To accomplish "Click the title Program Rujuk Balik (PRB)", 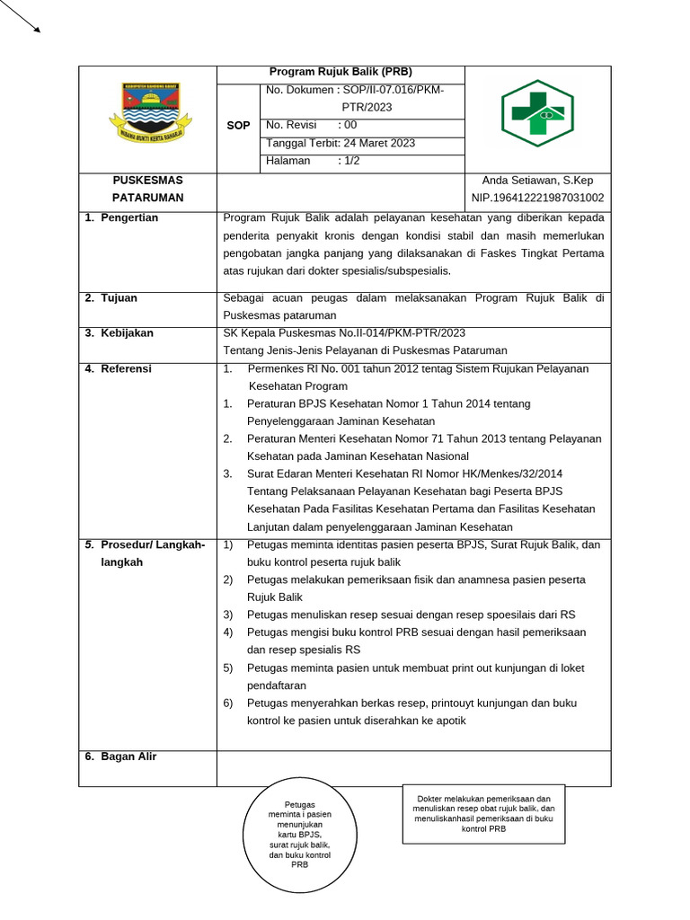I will coord(341,73).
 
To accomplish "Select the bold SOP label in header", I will coord(238,126).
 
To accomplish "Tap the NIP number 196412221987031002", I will coord(537,198).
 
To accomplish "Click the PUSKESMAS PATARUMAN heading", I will coord(147,189).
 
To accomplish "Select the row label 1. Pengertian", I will coord(122,218).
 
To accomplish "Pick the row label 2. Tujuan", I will coord(111,298).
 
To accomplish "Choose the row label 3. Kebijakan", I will coord(119,333).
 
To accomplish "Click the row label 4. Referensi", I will coord(119,368).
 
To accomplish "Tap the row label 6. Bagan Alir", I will coord(121,756).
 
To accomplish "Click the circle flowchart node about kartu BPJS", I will coord(300,835).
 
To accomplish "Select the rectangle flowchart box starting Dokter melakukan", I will coord(483,814).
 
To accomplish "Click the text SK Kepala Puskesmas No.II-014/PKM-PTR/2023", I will coord(344,333).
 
